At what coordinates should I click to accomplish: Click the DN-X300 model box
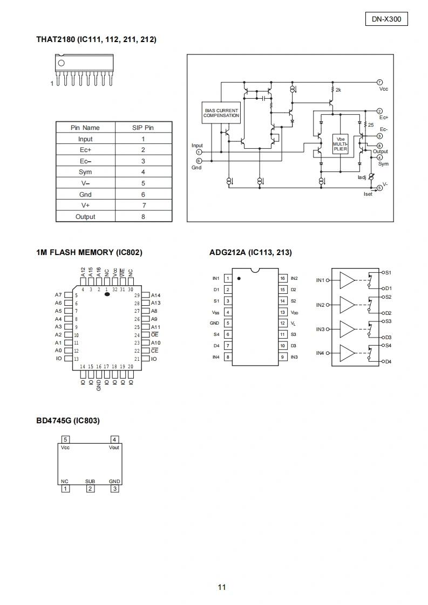(386, 19)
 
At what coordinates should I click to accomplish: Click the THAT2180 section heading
(96, 39)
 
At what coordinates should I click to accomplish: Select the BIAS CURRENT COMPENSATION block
(221, 113)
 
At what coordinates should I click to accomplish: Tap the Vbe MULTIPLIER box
(341, 144)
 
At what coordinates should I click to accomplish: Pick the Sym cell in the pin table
(85, 172)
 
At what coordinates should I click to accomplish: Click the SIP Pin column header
(143, 128)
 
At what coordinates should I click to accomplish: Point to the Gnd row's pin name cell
(85, 195)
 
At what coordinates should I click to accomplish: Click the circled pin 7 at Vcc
(379, 82)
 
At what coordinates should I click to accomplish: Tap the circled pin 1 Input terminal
(199, 152)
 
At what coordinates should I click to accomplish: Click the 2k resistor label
(338, 90)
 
